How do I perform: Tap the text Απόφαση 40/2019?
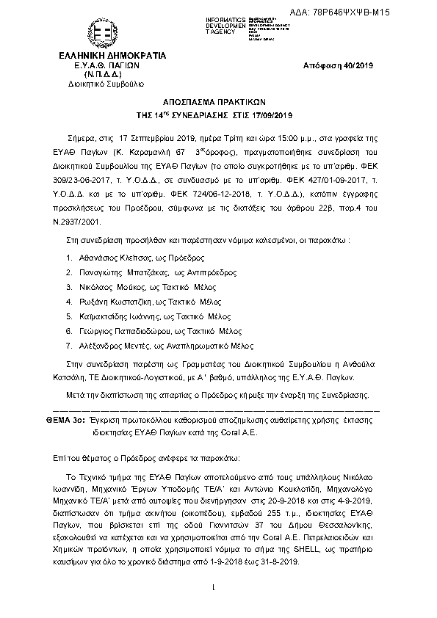[x=339, y=66]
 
